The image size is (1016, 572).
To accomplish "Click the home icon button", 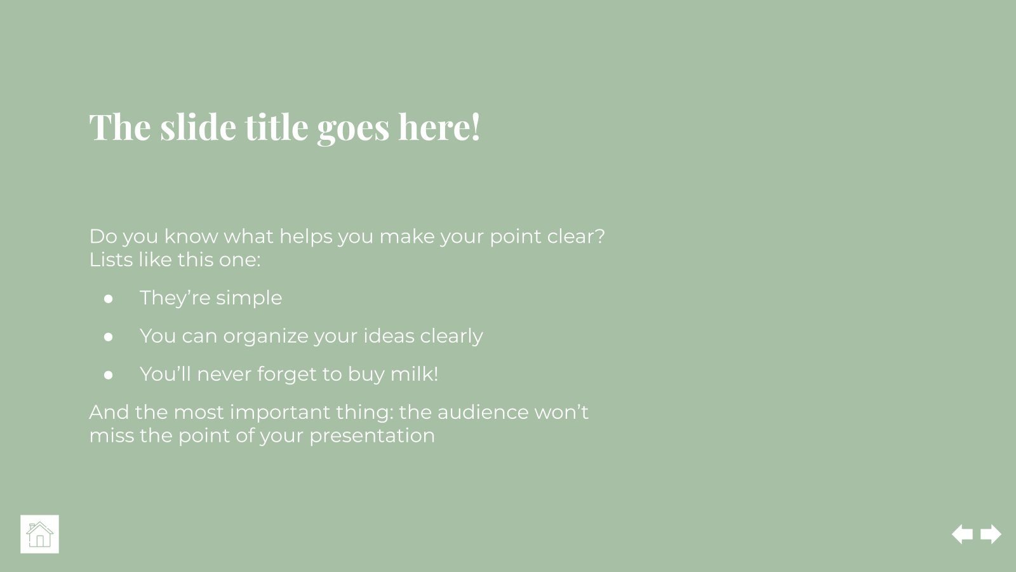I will click(39, 534).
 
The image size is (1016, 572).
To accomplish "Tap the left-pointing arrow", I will click(963, 534).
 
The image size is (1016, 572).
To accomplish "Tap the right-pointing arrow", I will click(991, 534).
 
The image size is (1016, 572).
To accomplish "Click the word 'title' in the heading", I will click(277, 126).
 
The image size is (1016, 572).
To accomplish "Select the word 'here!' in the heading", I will click(439, 126).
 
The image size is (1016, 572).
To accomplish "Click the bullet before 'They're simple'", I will click(109, 298).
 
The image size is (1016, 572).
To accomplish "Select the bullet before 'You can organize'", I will click(109, 336).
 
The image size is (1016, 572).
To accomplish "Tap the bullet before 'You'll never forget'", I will click(109, 374).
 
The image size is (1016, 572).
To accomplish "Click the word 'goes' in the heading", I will click(353, 128).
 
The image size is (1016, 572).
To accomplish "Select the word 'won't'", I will click(561, 412).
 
